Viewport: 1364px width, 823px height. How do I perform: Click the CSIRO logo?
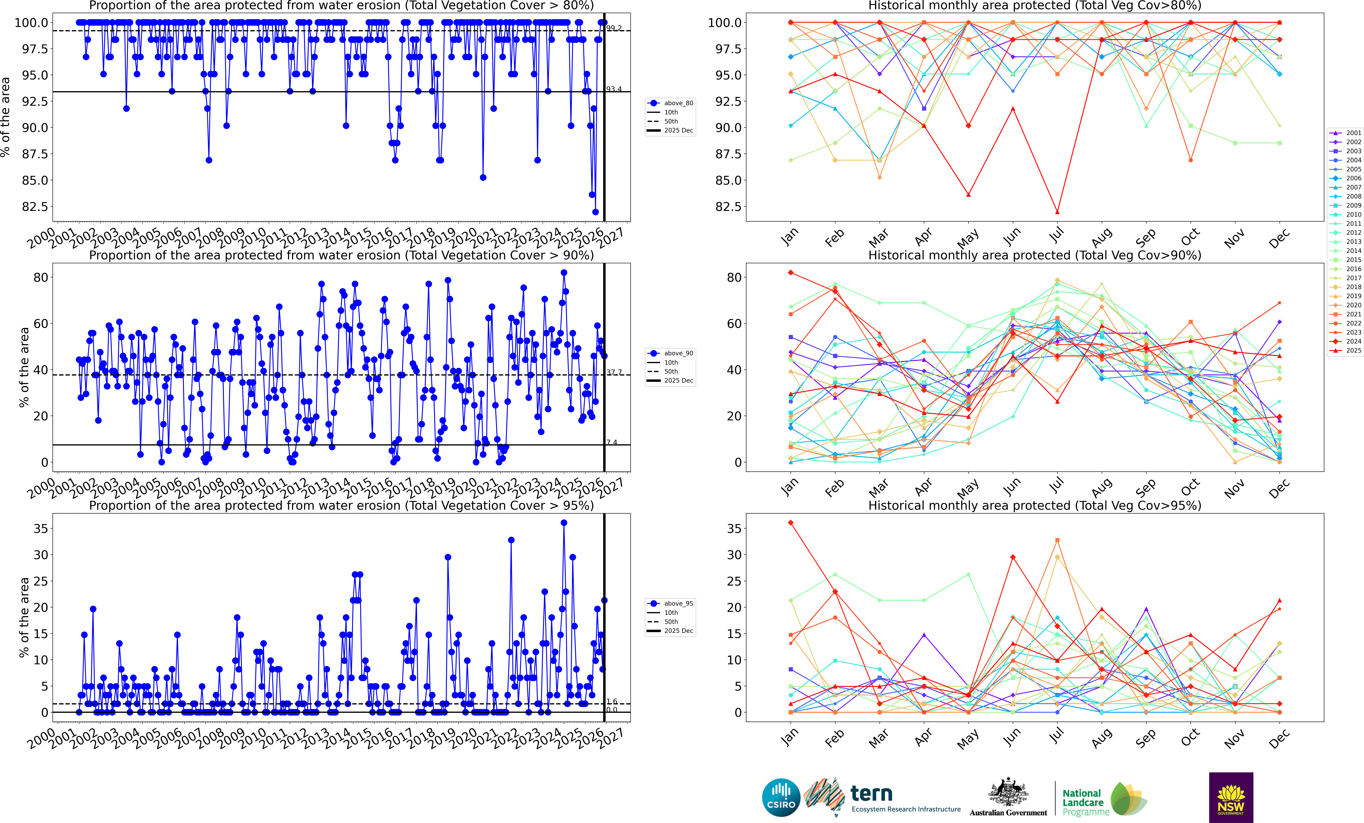point(780,798)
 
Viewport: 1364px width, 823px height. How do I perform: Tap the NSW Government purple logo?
point(1231,798)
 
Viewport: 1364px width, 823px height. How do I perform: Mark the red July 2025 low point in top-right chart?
point(1057,212)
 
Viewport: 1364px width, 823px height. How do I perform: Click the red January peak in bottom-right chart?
point(790,523)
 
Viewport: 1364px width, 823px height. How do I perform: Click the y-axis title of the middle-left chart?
point(24,367)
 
